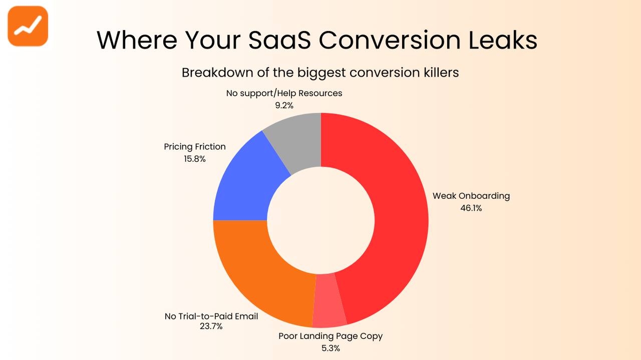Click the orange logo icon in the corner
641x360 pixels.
tap(28, 26)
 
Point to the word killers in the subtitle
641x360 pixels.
tap(439, 73)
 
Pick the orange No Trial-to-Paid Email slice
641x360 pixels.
tap(255, 270)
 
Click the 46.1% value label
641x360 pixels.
tap(471, 208)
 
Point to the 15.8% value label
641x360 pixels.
tap(195, 159)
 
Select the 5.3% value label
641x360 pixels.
tap(331, 348)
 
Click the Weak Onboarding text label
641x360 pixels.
tap(471, 196)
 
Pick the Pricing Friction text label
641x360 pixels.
tap(195, 147)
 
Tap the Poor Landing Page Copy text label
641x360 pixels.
tap(331, 336)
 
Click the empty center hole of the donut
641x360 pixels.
tap(320, 220)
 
